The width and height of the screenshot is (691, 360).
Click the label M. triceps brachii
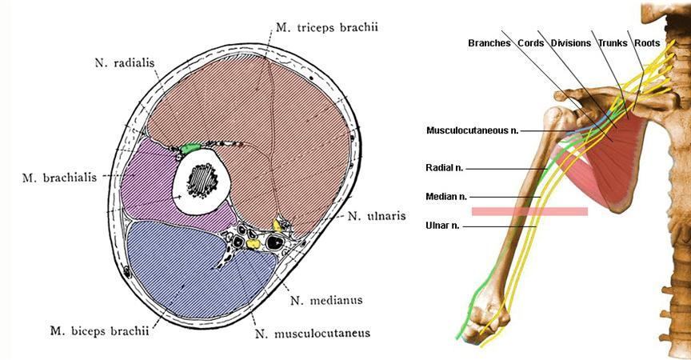click(x=326, y=27)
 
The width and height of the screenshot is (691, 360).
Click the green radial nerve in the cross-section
click(x=190, y=148)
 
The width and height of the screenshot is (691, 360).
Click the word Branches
click(x=489, y=43)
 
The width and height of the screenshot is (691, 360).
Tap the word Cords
click(x=531, y=43)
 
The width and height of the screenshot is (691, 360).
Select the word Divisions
click(x=571, y=43)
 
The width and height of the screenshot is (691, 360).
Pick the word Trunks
click(x=613, y=43)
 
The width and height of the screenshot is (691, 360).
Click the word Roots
click(x=647, y=43)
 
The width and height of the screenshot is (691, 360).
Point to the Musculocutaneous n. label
click(x=473, y=130)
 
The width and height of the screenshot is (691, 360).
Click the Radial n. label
click(x=445, y=169)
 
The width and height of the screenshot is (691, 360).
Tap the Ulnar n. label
click(x=443, y=226)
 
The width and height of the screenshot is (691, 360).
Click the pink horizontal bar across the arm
click(x=529, y=211)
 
